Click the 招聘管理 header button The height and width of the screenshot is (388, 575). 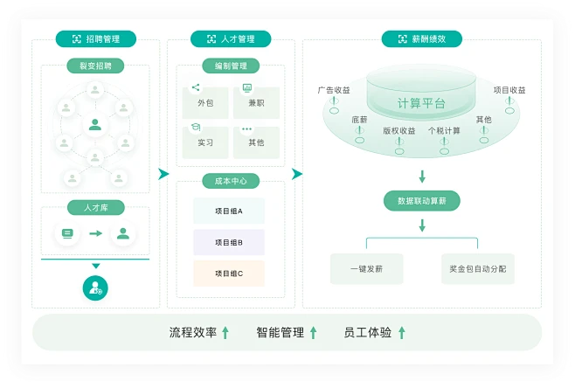point(96,39)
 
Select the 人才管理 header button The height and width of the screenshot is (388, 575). point(231,39)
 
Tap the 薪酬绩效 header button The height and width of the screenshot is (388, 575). point(421,39)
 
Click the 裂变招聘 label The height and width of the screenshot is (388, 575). point(95,66)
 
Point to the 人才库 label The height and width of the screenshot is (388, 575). point(95,207)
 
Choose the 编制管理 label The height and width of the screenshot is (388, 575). point(231,66)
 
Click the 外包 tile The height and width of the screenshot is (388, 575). point(205,103)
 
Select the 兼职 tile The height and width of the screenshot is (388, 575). point(256,103)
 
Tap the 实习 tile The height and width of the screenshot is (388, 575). point(205,142)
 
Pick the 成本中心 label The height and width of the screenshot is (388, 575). point(231,181)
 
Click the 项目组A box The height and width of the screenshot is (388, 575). point(229,211)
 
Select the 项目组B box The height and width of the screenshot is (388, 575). point(229,242)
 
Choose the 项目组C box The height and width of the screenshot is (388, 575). point(229,274)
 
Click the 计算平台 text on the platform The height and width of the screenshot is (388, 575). point(421,103)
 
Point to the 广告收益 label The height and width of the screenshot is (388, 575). point(334,90)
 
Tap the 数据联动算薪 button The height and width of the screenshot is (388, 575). point(422,201)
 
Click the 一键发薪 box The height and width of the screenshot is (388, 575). point(367,268)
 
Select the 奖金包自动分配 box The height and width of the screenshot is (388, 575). point(477,268)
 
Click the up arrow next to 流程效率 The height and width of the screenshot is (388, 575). point(225,332)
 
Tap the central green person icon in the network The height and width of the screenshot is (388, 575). point(95,125)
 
